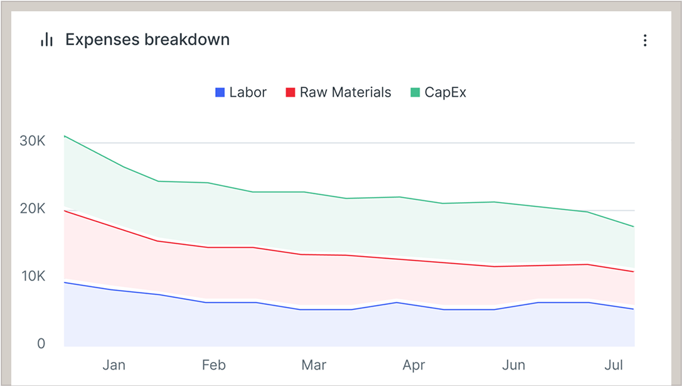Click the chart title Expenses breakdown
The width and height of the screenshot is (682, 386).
147,40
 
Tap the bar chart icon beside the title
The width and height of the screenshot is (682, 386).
46,40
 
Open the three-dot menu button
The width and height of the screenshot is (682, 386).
645,40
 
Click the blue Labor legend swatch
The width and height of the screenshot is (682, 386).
220,92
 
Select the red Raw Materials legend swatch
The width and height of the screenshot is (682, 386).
290,92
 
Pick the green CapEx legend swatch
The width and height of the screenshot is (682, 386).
415,92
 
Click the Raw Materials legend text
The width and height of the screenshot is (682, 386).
345,92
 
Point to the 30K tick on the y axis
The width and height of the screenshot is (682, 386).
33,141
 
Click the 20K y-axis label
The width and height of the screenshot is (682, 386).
33,208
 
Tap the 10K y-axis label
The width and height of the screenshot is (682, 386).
33,276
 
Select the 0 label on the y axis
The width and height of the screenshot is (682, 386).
41,344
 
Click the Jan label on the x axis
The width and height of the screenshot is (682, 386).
114,365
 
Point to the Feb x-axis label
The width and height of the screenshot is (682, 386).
214,365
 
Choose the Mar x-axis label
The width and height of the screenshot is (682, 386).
314,365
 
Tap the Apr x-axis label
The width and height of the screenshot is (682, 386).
414,365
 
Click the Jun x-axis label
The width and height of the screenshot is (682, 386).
514,365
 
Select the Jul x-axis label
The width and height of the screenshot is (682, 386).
614,365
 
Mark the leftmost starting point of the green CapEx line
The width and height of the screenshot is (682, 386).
65,136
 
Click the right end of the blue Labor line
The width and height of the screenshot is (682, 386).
634,309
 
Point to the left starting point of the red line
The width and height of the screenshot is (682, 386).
65,211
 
